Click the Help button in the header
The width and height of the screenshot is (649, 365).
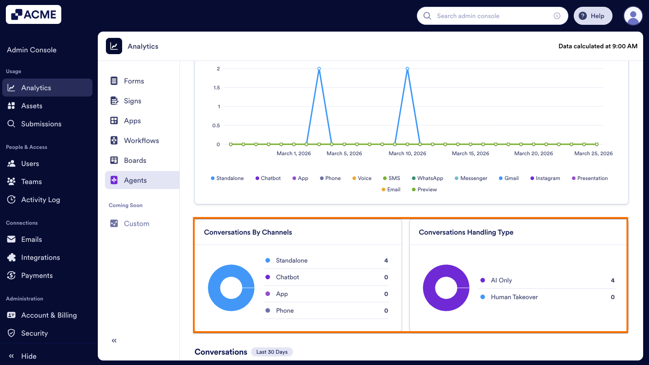(x=592, y=16)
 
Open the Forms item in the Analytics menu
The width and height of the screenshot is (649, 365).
(x=134, y=81)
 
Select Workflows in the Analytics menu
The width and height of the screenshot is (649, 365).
(x=141, y=141)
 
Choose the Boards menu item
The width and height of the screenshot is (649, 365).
(x=135, y=161)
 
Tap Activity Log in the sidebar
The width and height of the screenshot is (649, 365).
(x=40, y=200)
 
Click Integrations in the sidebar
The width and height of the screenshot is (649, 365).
(x=40, y=258)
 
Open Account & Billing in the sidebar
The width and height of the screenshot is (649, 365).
(x=49, y=315)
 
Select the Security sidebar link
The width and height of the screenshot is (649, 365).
(x=34, y=333)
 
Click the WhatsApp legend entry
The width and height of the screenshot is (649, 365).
(x=430, y=178)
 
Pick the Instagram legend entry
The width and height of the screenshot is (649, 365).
(x=548, y=178)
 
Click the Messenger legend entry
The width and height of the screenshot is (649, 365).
(x=474, y=178)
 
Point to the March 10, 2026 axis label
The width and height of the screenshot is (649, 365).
(x=407, y=153)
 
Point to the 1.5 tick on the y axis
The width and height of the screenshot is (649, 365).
(x=217, y=88)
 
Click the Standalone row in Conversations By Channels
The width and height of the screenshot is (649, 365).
(x=292, y=261)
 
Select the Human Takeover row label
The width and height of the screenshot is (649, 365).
(x=514, y=297)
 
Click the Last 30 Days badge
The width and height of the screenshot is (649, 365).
(x=272, y=352)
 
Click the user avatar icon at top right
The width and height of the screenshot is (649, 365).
(x=633, y=16)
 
